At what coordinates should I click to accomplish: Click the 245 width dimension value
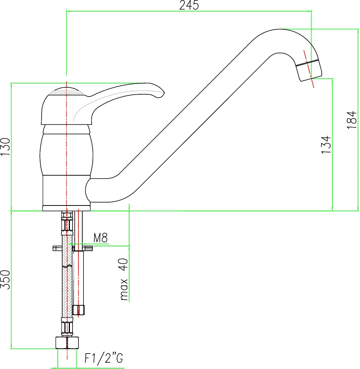tap(189, 5)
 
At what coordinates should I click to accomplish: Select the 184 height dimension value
tap(352, 120)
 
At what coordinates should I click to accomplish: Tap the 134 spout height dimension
tap(326, 145)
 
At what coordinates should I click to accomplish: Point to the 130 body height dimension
tap(6, 147)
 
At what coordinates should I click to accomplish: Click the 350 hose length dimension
tap(6, 280)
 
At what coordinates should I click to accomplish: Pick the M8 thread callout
tap(100, 238)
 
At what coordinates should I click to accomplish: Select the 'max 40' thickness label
tap(124, 280)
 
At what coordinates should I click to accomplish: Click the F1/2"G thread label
tap(104, 358)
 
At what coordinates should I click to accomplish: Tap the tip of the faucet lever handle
tap(164, 92)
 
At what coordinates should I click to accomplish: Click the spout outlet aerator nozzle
tap(309, 70)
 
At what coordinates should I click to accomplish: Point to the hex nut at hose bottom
tap(67, 342)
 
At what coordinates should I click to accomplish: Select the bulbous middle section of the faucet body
tap(66, 154)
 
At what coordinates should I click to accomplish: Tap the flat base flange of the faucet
tap(66, 208)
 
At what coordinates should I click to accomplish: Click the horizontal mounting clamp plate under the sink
tap(73, 248)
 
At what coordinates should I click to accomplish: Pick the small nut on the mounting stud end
tap(78, 310)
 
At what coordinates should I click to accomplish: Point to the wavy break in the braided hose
tap(67, 266)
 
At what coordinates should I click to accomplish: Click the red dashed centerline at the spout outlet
tap(309, 69)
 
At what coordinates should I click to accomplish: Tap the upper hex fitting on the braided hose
tap(67, 223)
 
